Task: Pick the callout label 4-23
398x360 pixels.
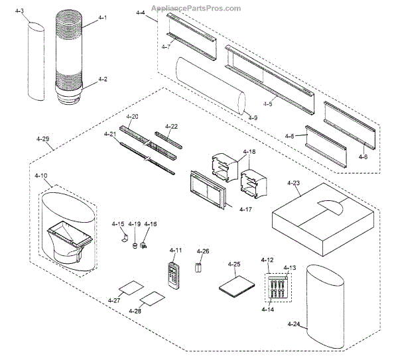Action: [x=293, y=181]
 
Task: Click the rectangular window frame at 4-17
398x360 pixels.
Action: [x=208, y=189]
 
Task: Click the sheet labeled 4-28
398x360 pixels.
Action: [x=153, y=299]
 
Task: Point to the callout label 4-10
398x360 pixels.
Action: [x=41, y=176]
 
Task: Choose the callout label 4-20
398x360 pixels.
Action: [x=132, y=117]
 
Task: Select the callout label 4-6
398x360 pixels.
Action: [x=363, y=156]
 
